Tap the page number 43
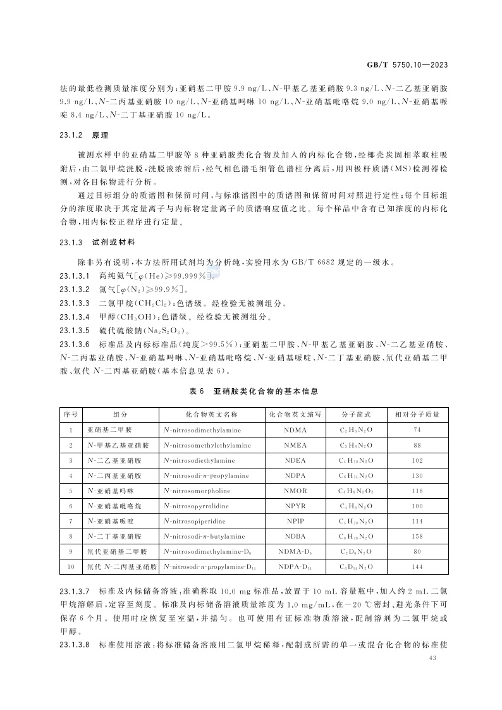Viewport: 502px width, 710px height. pyautogui.click(x=433, y=659)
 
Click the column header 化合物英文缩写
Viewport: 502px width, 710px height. pyautogui.click(x=295, y=415)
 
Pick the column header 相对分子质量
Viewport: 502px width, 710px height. pyautogui.click(x=417, y=415)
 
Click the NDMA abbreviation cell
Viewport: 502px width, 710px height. pyautogui.click(x=295, y=430)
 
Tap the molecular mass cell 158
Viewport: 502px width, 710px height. pyautogui.click(x=417, y=536)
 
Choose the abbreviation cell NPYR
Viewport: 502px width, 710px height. pyautogui.click(x=295, y=506)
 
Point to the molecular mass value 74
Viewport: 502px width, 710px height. pyautogui.click(x=417, y=430)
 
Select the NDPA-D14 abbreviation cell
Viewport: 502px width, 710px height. pyautogui.click(x=295, y=566)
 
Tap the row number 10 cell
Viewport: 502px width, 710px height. pyautogui.click(x=71, y=566)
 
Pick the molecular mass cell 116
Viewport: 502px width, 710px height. pyautogui.click(x=417, y=491)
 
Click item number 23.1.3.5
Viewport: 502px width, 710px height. pyautogui.click(x=75, y=330)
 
